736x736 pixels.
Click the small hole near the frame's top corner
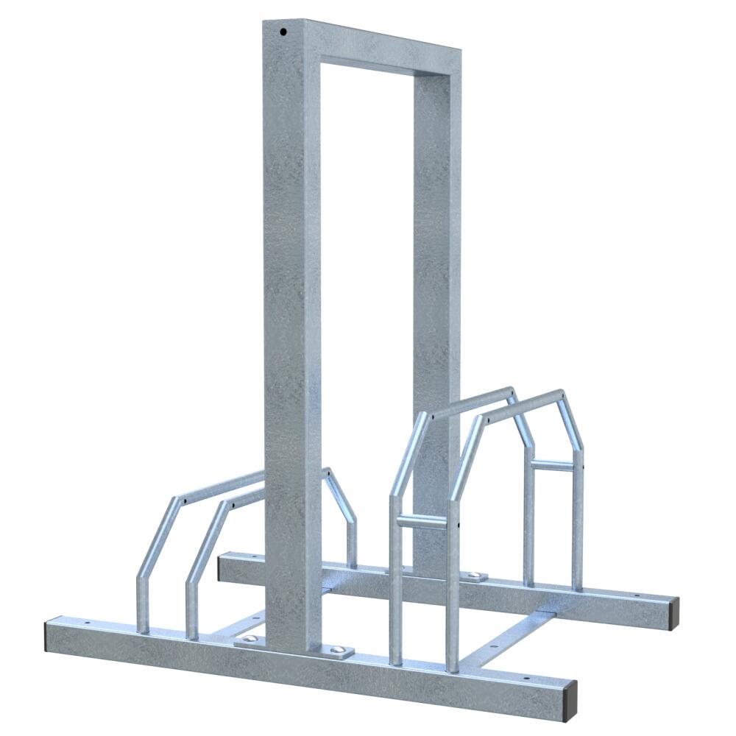tap(283, 32)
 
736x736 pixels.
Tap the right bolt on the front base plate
tap(338, 650)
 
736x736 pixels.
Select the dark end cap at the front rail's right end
tap(569, 700)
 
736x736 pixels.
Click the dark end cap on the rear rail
tap(673, 613)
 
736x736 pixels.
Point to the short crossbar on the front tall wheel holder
tap(422, 521)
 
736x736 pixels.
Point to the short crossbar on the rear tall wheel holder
tap(552, 465)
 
